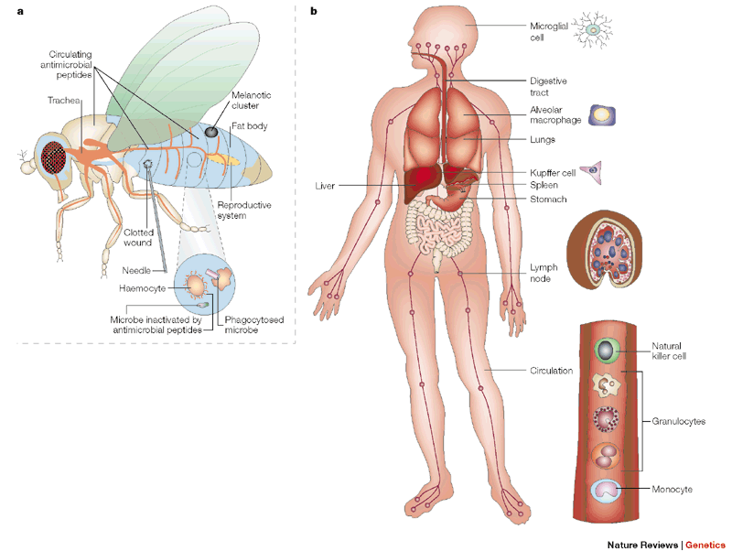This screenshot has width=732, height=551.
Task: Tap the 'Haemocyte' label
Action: click(x=145, y=286)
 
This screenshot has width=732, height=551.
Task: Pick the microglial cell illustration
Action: click(x=594, y=29)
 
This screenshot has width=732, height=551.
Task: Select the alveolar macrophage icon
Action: click(x=602, y=115)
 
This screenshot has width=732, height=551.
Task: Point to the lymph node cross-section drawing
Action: click(x=601, y=252)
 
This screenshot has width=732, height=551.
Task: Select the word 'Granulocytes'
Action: click(x=678, y=420)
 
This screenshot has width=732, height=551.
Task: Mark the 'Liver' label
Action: click(x=324, y=185)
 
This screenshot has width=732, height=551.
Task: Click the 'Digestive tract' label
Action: click(x=548, y=87)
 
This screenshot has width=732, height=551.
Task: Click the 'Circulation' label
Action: click(x=551, y=371)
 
